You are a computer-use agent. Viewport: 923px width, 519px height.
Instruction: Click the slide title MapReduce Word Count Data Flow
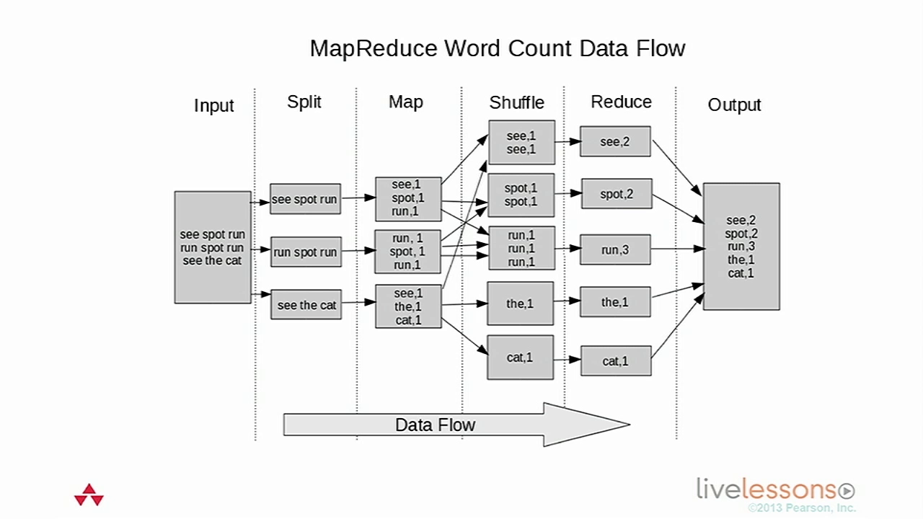[x=497, y=48]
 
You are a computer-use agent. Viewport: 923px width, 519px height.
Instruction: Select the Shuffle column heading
[x=516, y=102]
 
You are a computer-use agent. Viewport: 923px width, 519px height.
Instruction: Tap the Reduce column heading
[x=621, y=102]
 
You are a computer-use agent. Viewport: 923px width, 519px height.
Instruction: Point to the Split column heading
[x=304, y=102]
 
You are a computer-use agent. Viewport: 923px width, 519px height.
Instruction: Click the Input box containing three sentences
[x=213, y=247]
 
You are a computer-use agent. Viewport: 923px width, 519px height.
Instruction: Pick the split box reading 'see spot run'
[x=305, y=199]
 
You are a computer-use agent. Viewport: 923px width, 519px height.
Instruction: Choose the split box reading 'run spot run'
[x=305, y=252]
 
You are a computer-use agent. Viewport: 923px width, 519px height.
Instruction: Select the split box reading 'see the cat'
[x=306, y=305]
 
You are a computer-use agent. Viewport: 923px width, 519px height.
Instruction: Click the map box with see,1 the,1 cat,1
[x=408, y=306]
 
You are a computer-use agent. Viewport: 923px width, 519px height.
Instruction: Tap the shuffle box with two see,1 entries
[x=521, y=143]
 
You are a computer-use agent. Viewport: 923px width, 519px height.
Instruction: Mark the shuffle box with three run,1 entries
[x=521, y=249]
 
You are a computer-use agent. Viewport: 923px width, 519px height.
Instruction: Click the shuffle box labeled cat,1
[x=520, y=358]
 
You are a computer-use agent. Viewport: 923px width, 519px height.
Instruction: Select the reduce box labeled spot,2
[x=617, y=194]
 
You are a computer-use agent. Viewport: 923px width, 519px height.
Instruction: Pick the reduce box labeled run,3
[x=615, y=249]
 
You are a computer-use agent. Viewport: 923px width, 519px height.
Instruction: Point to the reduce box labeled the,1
[x=615, y=303]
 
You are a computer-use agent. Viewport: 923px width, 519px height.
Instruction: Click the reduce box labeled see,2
[x=615, y=142]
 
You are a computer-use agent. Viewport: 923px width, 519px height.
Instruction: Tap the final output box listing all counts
[x=741, y=247]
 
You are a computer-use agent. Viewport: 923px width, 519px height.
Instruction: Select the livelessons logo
[x=775, y=489]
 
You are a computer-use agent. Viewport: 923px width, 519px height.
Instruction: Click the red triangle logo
[x=89, y=495]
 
